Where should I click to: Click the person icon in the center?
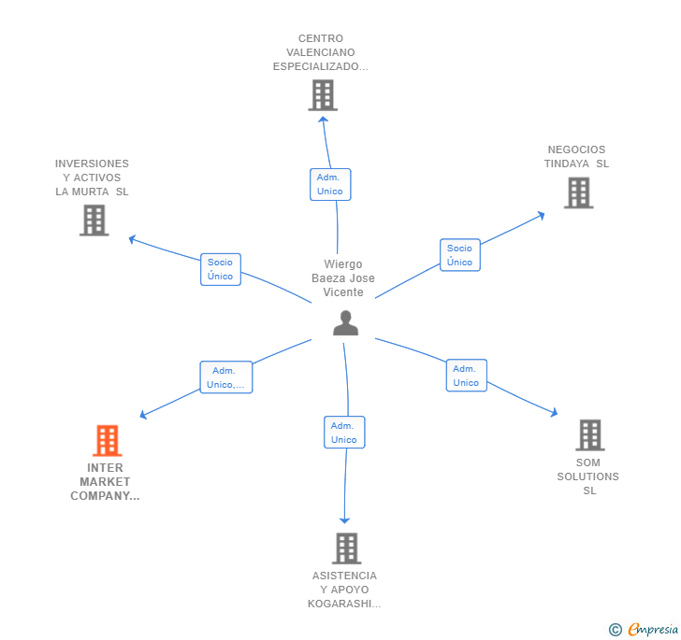click(x=345, y=323)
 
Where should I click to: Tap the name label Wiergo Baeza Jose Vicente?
click(x=343, y=278)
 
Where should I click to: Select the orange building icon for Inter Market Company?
click(x=108, y=440)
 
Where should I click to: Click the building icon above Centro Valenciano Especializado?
click(x=323, y=95)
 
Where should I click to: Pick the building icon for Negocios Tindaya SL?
click(x=579, y=192)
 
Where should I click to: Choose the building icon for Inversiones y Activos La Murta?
click(x=94, y=220)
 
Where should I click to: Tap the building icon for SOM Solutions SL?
click(x=589, y=434)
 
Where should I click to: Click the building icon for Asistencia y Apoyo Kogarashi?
click(x=347, y=548)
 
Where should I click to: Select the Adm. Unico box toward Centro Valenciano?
click(x=330, y=184)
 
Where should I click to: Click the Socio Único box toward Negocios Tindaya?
click(x=459, y=255)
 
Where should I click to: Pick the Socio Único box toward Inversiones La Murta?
click(x=221, y=269)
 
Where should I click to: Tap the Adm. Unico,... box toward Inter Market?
click(x=225, y=377)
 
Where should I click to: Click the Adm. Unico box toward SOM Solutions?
click(x=466, y=376)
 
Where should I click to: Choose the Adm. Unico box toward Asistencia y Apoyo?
click(x=344, y=433)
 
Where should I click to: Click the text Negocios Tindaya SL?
click(x=576, y=157)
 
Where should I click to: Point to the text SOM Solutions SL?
click(x=588, y=476)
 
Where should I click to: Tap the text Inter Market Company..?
click(x=106, y=482)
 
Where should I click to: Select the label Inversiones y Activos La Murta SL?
click(x=93, y=178)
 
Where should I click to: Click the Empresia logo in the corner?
click(x=645, y=630)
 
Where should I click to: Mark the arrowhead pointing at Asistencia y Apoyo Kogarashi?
click(x=345, y=519)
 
